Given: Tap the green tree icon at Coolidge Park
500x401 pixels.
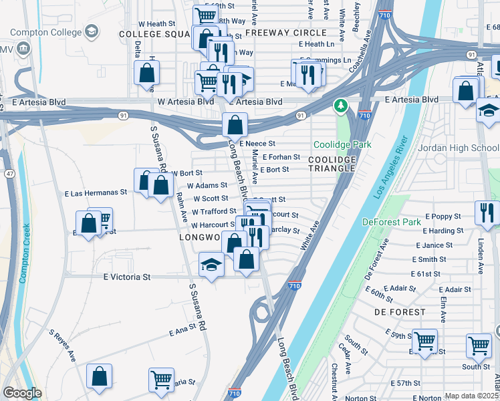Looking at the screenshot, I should [x=341, y=106].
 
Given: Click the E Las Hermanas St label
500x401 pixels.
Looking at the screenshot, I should [x=96, y=192].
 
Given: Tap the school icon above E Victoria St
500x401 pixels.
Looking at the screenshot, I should [x=212, y=265].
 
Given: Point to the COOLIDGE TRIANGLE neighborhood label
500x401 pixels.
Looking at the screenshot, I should [x=332, y=164].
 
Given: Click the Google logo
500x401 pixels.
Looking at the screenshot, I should [x=22, y=393].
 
